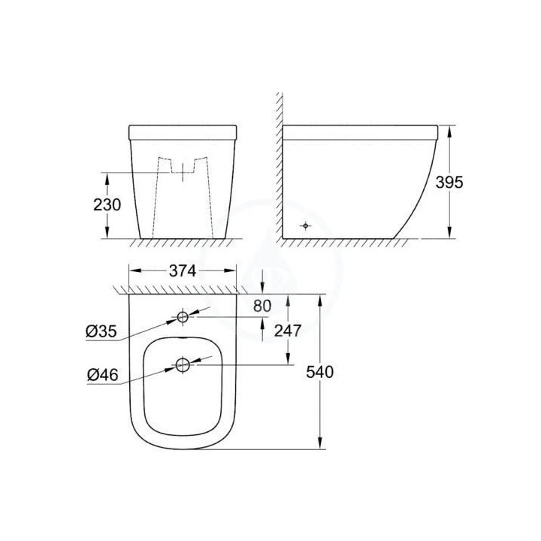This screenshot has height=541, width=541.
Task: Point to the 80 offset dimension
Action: [283, 306]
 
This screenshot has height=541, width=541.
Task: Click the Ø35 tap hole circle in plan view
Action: [183, 317]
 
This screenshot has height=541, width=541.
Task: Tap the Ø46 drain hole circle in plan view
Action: [183, 365]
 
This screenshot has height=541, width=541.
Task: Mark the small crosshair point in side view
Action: [305, 225]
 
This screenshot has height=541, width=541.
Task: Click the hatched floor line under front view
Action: [182, 243]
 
